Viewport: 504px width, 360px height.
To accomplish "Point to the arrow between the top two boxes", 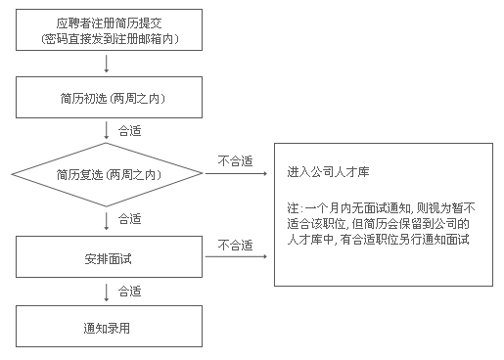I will tap(107, 63).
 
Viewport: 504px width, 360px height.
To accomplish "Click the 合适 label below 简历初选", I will tap(128, 129).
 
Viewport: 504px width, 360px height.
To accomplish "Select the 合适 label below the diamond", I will tap(128, 217).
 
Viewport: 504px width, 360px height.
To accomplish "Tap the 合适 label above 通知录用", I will tap(128, 292).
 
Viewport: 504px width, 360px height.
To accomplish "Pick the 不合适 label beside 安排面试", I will tap(235, 244).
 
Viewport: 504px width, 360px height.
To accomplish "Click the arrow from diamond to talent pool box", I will tap(235, 174).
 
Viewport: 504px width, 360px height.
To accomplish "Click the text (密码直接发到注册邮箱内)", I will tap(110, 38).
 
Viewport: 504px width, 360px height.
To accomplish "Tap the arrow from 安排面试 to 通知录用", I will tap(107, 292).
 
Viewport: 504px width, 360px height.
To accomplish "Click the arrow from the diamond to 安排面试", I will tap(107, 218).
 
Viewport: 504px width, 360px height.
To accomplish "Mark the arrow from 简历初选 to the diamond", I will tap(107, 129).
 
